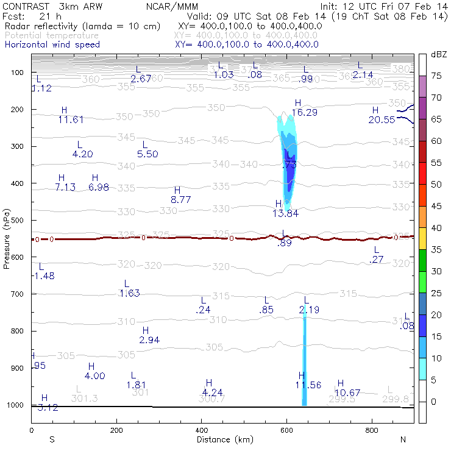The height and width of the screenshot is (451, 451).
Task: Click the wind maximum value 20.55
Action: tap(382, 120)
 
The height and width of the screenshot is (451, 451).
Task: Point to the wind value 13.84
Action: tap(285, 213)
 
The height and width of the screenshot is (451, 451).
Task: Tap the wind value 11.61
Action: tap(71, 120)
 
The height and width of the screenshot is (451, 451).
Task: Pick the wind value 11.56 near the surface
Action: tap(308, 385)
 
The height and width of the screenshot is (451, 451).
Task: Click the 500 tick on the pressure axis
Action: tap(18, 220)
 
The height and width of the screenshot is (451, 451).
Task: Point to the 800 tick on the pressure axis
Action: tap(18, 331)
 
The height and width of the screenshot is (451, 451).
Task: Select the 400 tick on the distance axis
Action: tap(202, 430)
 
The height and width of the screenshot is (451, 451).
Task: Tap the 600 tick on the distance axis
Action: tap(286, 430)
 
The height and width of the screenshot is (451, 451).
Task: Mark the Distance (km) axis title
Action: tap(222, 439)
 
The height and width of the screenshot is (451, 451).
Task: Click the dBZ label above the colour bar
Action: tap(438, 55)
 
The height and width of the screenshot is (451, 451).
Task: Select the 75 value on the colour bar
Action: tap(436, 76)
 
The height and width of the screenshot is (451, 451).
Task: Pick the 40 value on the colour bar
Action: tap(436, 228)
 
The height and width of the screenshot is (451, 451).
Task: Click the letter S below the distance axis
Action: tap(52, 439)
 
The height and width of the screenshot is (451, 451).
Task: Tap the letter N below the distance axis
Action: tap(403, 439)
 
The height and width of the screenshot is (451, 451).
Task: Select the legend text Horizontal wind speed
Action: tap(52, 44)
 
